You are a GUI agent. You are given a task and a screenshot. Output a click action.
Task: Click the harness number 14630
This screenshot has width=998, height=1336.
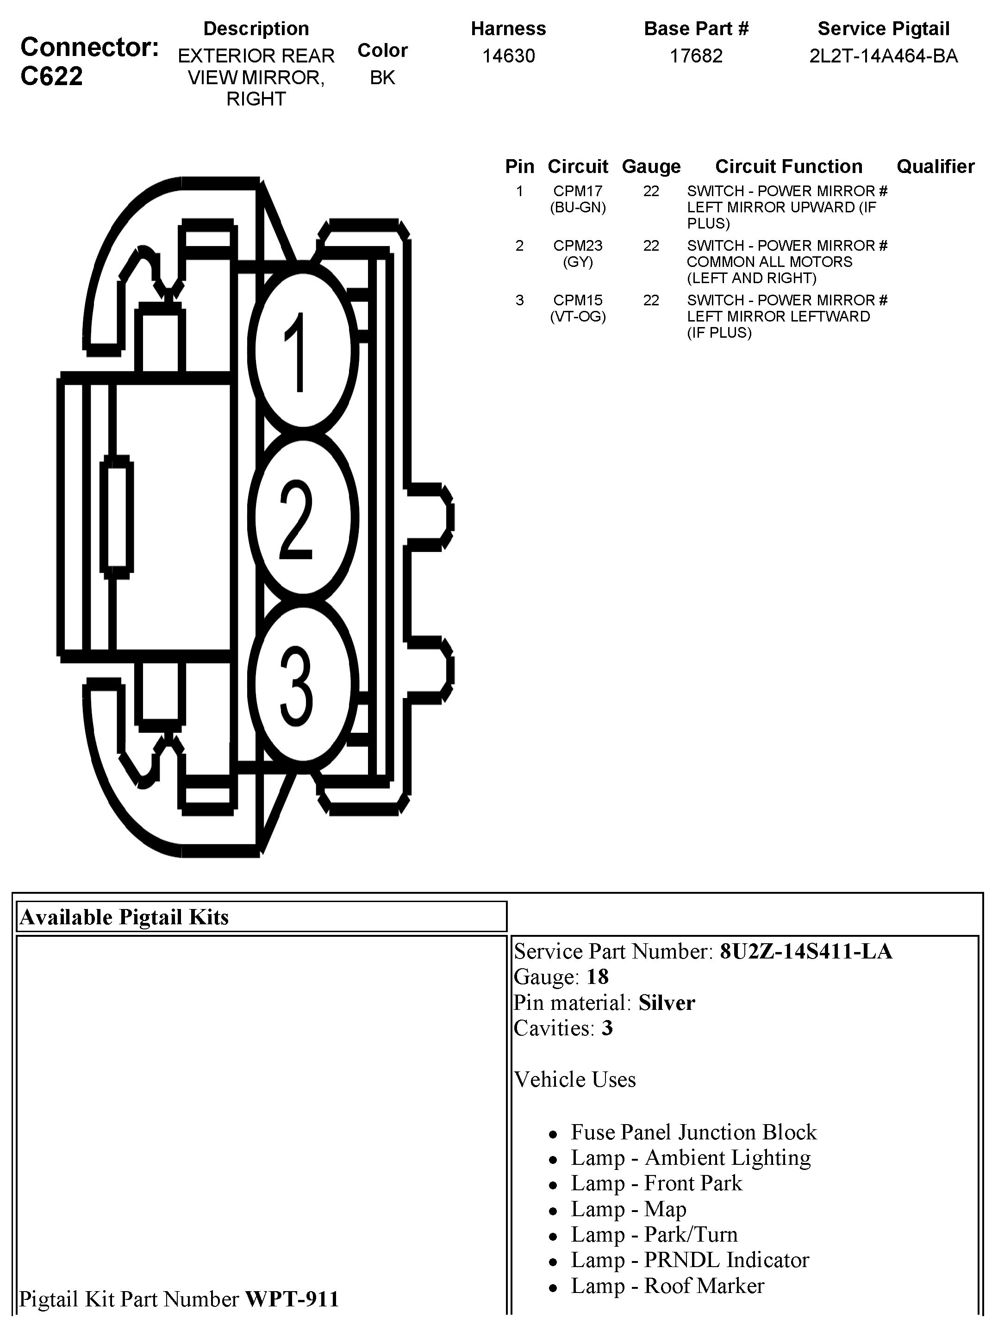pos(508,56)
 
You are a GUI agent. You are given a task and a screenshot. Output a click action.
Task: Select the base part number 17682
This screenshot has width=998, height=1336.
pos(696,56)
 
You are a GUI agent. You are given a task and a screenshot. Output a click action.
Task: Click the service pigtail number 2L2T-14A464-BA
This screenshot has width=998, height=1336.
pos(883,56)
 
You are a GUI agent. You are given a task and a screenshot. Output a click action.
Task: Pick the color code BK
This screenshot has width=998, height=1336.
pos(382,78)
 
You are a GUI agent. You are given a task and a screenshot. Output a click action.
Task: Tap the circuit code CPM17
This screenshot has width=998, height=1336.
pos(578,192)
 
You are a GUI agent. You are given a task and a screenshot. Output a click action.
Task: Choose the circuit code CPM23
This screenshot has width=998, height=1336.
pos(578,246)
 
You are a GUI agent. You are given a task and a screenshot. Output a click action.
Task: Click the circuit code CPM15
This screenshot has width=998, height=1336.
pos(578,300)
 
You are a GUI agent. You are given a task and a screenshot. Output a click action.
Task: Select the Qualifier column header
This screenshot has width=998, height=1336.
pos(935,167)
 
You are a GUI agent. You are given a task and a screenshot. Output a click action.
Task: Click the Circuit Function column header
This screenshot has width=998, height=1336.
pos(788,167)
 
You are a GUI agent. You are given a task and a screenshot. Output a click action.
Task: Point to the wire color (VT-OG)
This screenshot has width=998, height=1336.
pos(578,316)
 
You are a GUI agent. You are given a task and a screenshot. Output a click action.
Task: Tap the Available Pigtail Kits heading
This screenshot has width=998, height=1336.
pos(125,917)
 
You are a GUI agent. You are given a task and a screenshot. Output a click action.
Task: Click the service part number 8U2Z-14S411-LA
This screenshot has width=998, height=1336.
pos(806,952)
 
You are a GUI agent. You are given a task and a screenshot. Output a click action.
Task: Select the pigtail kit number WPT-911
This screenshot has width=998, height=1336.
pos(292,1299)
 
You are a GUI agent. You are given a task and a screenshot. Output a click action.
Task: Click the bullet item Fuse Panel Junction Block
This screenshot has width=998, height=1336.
pos(693,1132)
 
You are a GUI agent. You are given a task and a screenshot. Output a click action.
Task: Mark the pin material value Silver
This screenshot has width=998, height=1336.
pos(667,1003)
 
